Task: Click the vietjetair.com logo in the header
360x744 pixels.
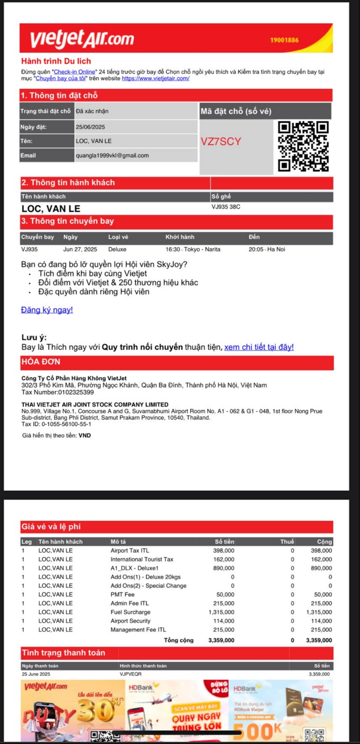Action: click(82, 39)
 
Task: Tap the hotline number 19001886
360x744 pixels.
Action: click(284, 40)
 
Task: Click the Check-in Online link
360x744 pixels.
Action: click(74, 72)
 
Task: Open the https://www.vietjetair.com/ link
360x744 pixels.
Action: click(156, 78)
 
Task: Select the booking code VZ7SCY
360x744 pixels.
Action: click(221, 142)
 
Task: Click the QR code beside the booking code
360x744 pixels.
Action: click(303, 146)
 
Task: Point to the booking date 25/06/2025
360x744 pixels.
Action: click(91, 127)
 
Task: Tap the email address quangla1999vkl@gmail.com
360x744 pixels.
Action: click(112, 155)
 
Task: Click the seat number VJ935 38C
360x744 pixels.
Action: click(226, 207)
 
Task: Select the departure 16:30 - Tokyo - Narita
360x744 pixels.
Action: click(193, 249)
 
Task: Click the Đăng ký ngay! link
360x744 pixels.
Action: click(47, 310)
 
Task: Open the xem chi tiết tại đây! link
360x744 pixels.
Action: click(259, 347)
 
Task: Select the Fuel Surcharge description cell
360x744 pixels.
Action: click(131, 612)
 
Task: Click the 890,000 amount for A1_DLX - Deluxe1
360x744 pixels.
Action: click(224, 568)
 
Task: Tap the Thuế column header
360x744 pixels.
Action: click(287, 541)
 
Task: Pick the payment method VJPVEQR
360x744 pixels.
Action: click(131, 674)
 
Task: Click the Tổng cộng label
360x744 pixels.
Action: click(179, 640)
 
